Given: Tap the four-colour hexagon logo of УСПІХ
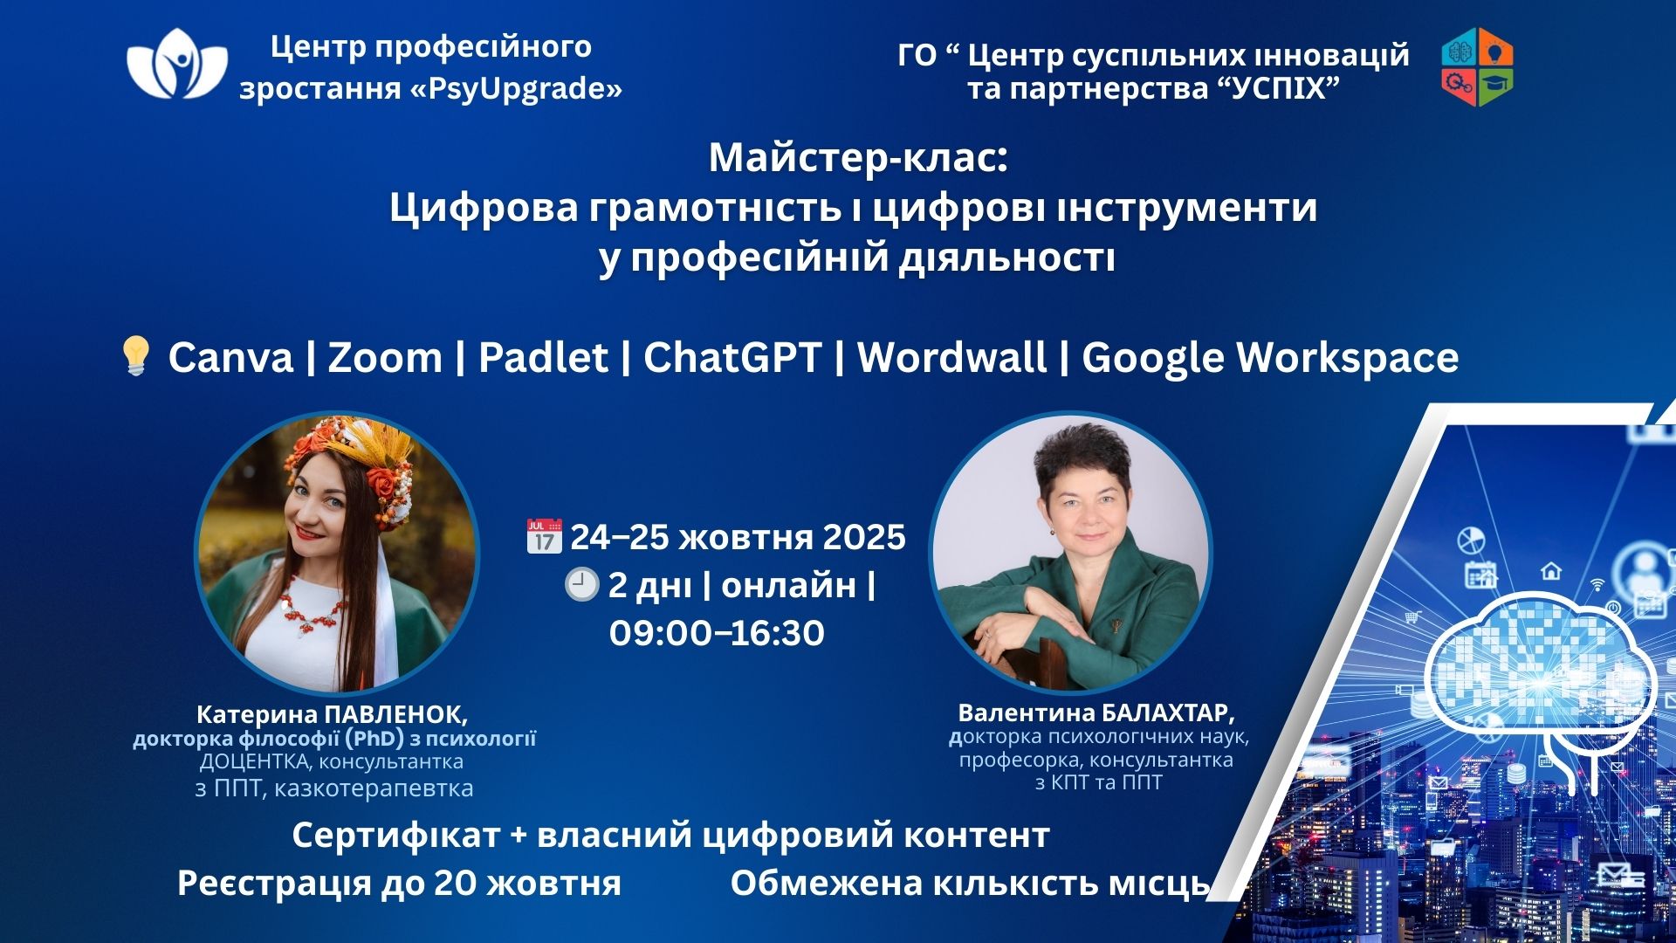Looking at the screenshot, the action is [x=1477, y=66].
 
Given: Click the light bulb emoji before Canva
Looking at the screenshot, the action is [x=135, y=356].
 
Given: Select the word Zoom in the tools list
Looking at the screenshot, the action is [x=385, y=357].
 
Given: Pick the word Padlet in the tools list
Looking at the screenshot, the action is [x=543, y=357].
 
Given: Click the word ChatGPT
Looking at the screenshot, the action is [x=732, y=357].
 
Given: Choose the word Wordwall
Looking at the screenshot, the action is [x=951, y=357].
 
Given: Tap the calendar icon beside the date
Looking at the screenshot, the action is [x=543, y=536].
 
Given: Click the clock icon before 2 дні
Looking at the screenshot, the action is [x=581, y=584].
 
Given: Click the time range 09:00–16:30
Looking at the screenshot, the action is [x=717, y=633].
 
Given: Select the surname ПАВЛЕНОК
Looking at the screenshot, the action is [x=395, y=714].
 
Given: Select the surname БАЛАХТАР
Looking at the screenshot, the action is [x=1168, y=712].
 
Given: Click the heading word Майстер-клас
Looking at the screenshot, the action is [x=858, y=158].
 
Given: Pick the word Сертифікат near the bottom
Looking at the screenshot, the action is [x=395, y=836].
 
